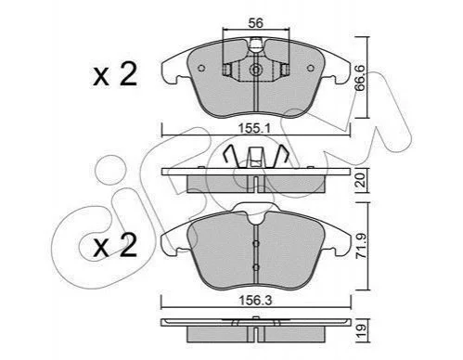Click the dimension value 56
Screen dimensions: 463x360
tap(256, 23)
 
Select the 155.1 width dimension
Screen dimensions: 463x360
tap(255, 128)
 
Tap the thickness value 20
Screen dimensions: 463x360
tap(361, 180)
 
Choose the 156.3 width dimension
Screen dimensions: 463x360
tap(255, 301)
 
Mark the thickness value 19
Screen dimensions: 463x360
tap(361, 330)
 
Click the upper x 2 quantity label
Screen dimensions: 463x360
tap(115, 74)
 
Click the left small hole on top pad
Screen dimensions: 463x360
tap(201, 69)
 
